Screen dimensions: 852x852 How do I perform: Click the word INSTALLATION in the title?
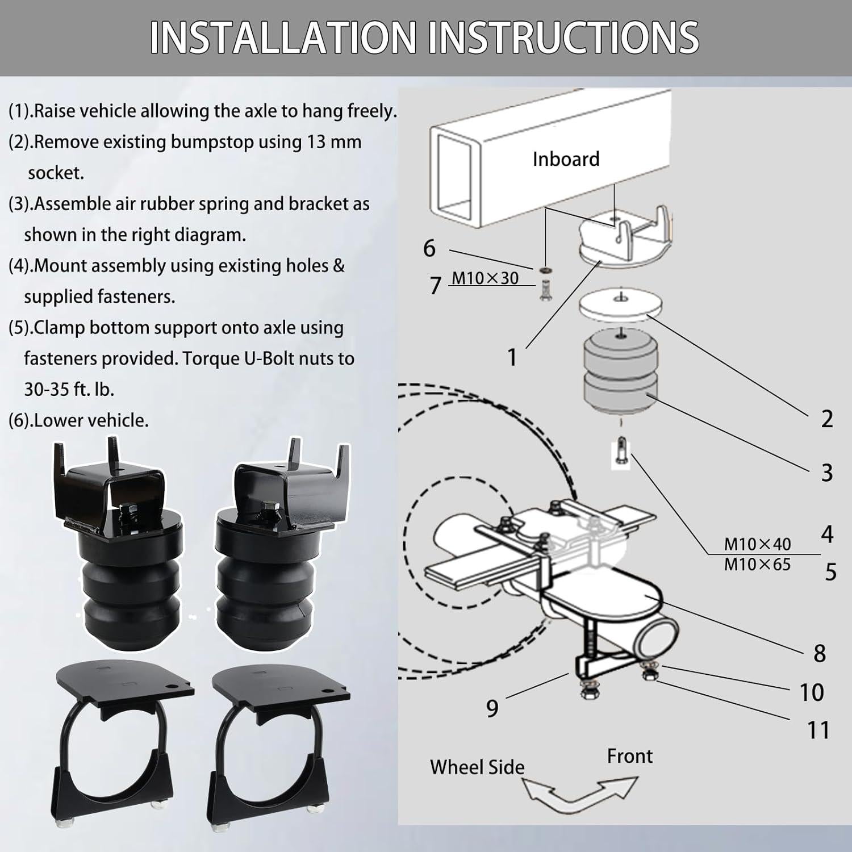[x=283, y=37]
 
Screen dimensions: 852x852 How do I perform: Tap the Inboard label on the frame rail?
[x=566, y=159]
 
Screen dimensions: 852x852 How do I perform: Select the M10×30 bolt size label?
[x=485, y=278]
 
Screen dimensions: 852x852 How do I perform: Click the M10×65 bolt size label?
[x=757, y=565]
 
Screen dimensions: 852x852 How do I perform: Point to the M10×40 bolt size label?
[x=757, y=544]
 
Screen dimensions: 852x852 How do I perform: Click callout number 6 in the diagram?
[x=429, y=249]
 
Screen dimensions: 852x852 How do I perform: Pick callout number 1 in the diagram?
[x=512, y=357]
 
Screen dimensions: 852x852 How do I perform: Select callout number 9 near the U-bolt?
[x=492, y=708]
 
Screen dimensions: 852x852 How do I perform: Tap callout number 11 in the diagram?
[x=818, y=730]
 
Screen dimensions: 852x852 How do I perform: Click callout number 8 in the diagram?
[x=819, y=654]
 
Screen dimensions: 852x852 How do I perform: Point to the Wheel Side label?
[x=477, y=767]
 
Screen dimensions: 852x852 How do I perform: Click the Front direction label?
[x=629, y=756]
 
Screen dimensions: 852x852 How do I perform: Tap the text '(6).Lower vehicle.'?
[x=78, y=420]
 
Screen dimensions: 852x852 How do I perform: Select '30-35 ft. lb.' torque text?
[x=69, y=389]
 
